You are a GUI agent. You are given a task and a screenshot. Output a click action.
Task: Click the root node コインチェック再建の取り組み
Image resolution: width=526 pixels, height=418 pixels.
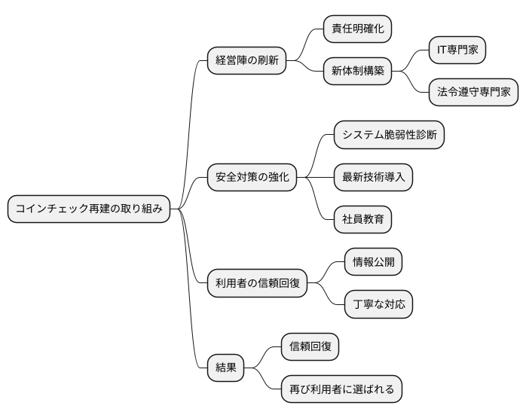pyautogui.click(x=88, y=209)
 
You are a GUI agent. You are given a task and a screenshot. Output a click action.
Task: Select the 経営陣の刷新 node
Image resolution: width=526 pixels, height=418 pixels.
pyautogui.click(x=247, y=61)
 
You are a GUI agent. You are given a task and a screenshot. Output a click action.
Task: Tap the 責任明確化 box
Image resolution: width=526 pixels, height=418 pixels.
pyautogui.click(x=357, y=29)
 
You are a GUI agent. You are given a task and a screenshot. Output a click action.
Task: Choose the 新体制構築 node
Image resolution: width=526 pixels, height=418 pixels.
pyautogui.click(x=357, y=72)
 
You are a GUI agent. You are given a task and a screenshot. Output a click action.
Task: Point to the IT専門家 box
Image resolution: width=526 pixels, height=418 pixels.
pyautogui.click(x=457, y=50)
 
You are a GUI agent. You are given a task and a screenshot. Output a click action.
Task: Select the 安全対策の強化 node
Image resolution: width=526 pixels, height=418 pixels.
pyautogui.click(x=252, y=178)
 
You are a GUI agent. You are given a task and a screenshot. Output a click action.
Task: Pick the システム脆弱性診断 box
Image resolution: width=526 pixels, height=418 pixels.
pyautogui.click(x=389, y=135)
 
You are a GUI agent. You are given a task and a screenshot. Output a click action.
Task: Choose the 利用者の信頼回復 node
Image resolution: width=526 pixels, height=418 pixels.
pyautogui.click(x=257, y=283)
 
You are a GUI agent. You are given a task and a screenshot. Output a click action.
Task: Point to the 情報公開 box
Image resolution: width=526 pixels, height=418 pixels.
pyautogui.click(x=373, y=262)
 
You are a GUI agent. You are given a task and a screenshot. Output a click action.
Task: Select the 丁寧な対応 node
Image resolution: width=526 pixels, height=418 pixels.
pyautogui.click(x=378, y=304)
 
